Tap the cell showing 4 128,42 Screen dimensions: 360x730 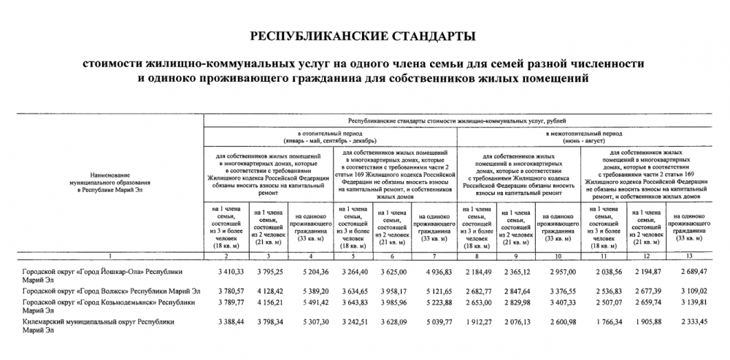pos(269,291)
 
